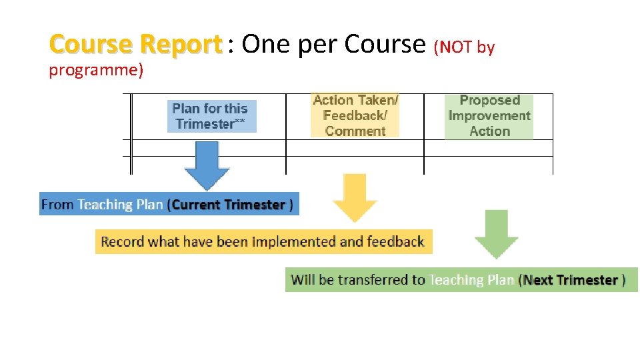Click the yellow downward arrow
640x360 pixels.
tap(355, 199)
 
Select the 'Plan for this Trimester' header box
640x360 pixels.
tap(210, 116)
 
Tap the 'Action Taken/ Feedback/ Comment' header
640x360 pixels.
tap(355, 115)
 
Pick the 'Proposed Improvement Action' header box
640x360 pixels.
tap(489, 115)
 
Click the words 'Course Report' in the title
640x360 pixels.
tap(135, 45)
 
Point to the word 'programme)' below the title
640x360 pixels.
tap(96, 70)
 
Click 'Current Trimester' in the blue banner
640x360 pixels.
tap(228, 205)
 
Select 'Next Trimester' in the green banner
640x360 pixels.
tap(571, 280)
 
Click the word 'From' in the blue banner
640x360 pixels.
tap(57, 205)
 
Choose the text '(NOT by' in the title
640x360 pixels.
tap(464, 47)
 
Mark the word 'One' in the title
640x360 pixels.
tap(263, 45)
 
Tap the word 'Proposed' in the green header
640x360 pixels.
tap(489, 101)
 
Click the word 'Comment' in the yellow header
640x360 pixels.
tap(355, 131)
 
